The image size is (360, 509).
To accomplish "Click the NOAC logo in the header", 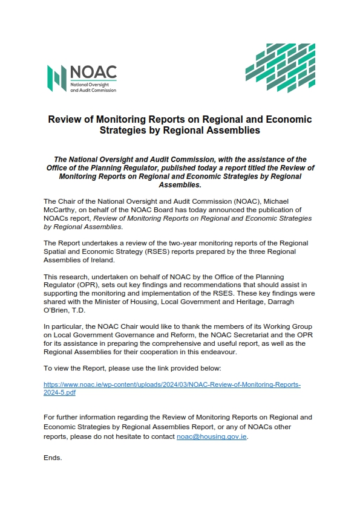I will pos(82,79).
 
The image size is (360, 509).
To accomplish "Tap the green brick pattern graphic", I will pos(280,68).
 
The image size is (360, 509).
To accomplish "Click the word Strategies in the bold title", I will pos(123,130).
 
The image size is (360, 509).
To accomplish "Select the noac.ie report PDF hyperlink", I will pos(172,388).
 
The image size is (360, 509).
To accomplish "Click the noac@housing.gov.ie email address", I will pos(212,436).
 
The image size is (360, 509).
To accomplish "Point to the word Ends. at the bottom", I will pos(53,458).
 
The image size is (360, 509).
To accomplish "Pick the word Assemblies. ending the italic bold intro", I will pos(180,185).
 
